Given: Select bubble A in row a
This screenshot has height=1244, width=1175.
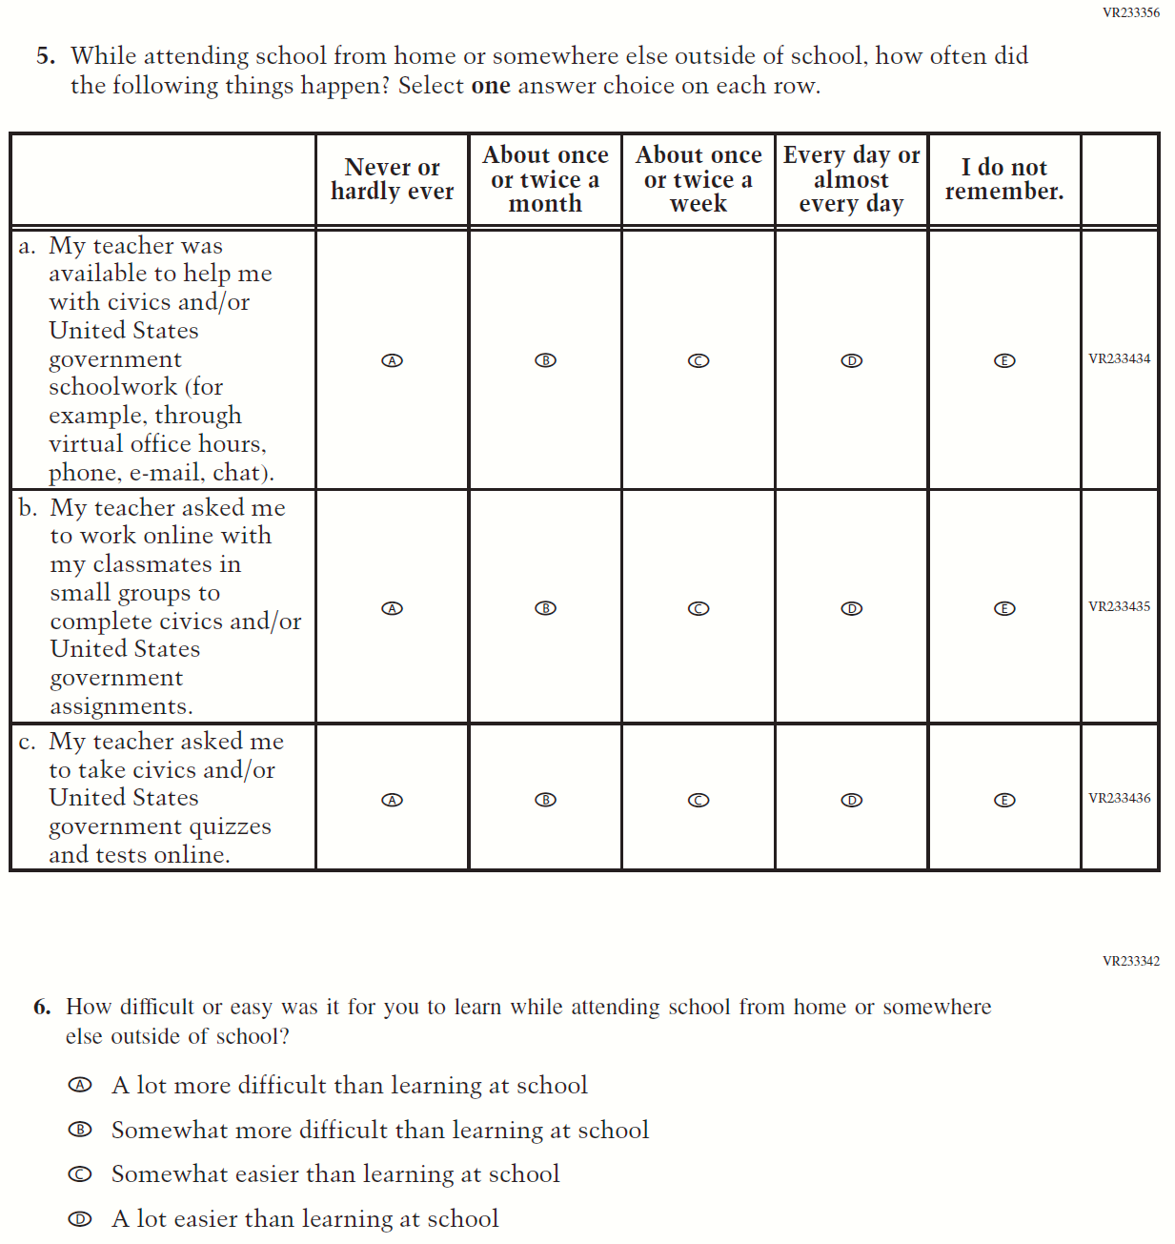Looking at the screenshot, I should coord(392,360).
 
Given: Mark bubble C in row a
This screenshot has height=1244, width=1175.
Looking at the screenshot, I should coord(699,360).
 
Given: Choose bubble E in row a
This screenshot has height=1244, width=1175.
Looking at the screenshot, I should coord(1004,360).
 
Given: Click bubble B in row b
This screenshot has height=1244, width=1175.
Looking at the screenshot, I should coord(545,608).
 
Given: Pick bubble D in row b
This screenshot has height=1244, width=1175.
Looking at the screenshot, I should coord(852,608).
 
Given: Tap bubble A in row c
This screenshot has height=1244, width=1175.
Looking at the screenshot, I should coord(392,800).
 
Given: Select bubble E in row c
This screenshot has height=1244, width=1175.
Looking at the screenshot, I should coord(1004,800).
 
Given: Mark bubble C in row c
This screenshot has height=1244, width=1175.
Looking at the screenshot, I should coord(699,800).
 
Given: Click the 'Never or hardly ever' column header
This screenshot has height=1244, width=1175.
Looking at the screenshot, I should coord(392,179).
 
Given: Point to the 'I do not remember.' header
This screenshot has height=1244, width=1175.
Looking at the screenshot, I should coord(1004,179).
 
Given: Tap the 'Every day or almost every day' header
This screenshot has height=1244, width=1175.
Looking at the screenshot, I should coord(851,179).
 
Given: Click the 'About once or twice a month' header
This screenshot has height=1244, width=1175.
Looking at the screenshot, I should coord(545,179).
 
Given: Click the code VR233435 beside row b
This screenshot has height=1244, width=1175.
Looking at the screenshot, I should coord(1119,606).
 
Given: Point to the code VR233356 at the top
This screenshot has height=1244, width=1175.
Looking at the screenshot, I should coord(1131,12).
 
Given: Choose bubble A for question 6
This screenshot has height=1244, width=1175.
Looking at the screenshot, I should coord(81,1085).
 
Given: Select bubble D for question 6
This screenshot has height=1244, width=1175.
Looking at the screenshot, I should coord(81,1218).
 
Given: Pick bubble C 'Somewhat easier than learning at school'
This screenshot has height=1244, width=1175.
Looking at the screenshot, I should coord(81,1174).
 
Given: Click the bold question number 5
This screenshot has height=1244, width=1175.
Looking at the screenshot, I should coord(46,56).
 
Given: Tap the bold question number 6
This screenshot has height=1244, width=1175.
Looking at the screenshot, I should coord(42,1007).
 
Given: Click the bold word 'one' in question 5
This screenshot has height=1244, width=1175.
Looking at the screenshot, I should coord(491,86).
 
